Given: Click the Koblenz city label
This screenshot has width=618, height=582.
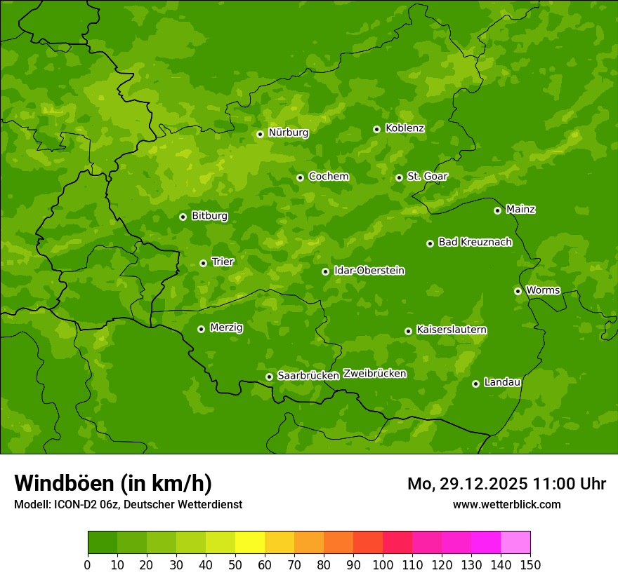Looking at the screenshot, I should click(x=405, y=128).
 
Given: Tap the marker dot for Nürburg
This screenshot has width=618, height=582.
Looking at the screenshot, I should click(x=260, y=134).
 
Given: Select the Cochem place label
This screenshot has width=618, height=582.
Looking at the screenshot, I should click(x=328, y=177).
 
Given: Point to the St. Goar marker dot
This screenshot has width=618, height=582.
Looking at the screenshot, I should click(x=399, y=177).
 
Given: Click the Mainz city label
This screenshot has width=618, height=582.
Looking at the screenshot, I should click(x=520, y=210).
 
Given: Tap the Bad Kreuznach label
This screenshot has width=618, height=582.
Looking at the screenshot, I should click(x=475, y=243).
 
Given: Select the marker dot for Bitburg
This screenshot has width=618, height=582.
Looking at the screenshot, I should click(x=183, y=217).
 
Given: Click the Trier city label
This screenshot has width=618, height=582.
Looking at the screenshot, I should click(x=223, y=262).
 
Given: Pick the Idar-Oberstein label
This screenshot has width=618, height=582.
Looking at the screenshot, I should click(x=369, y=271).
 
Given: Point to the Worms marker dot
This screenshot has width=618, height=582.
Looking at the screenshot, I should click(x=518, y=291).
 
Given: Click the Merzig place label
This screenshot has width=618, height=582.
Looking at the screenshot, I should click(x=226, y=328).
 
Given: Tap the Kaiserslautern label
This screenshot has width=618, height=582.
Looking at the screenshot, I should click(x=452, y=330).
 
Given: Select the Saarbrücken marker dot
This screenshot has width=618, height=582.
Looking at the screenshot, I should click(x=269, y=377).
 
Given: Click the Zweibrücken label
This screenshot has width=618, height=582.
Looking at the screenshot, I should click(x=374, y=374).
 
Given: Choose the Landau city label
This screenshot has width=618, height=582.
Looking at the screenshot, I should click(x=502, y=383).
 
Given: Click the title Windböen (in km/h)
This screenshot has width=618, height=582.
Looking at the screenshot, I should click(x=113, y=483).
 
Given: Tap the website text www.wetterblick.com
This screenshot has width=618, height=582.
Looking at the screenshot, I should click(x=506, y=504).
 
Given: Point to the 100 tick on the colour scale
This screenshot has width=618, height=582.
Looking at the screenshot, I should click(x=383, y=564).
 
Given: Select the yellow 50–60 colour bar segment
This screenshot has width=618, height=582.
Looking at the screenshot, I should click(x=250, y=542).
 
